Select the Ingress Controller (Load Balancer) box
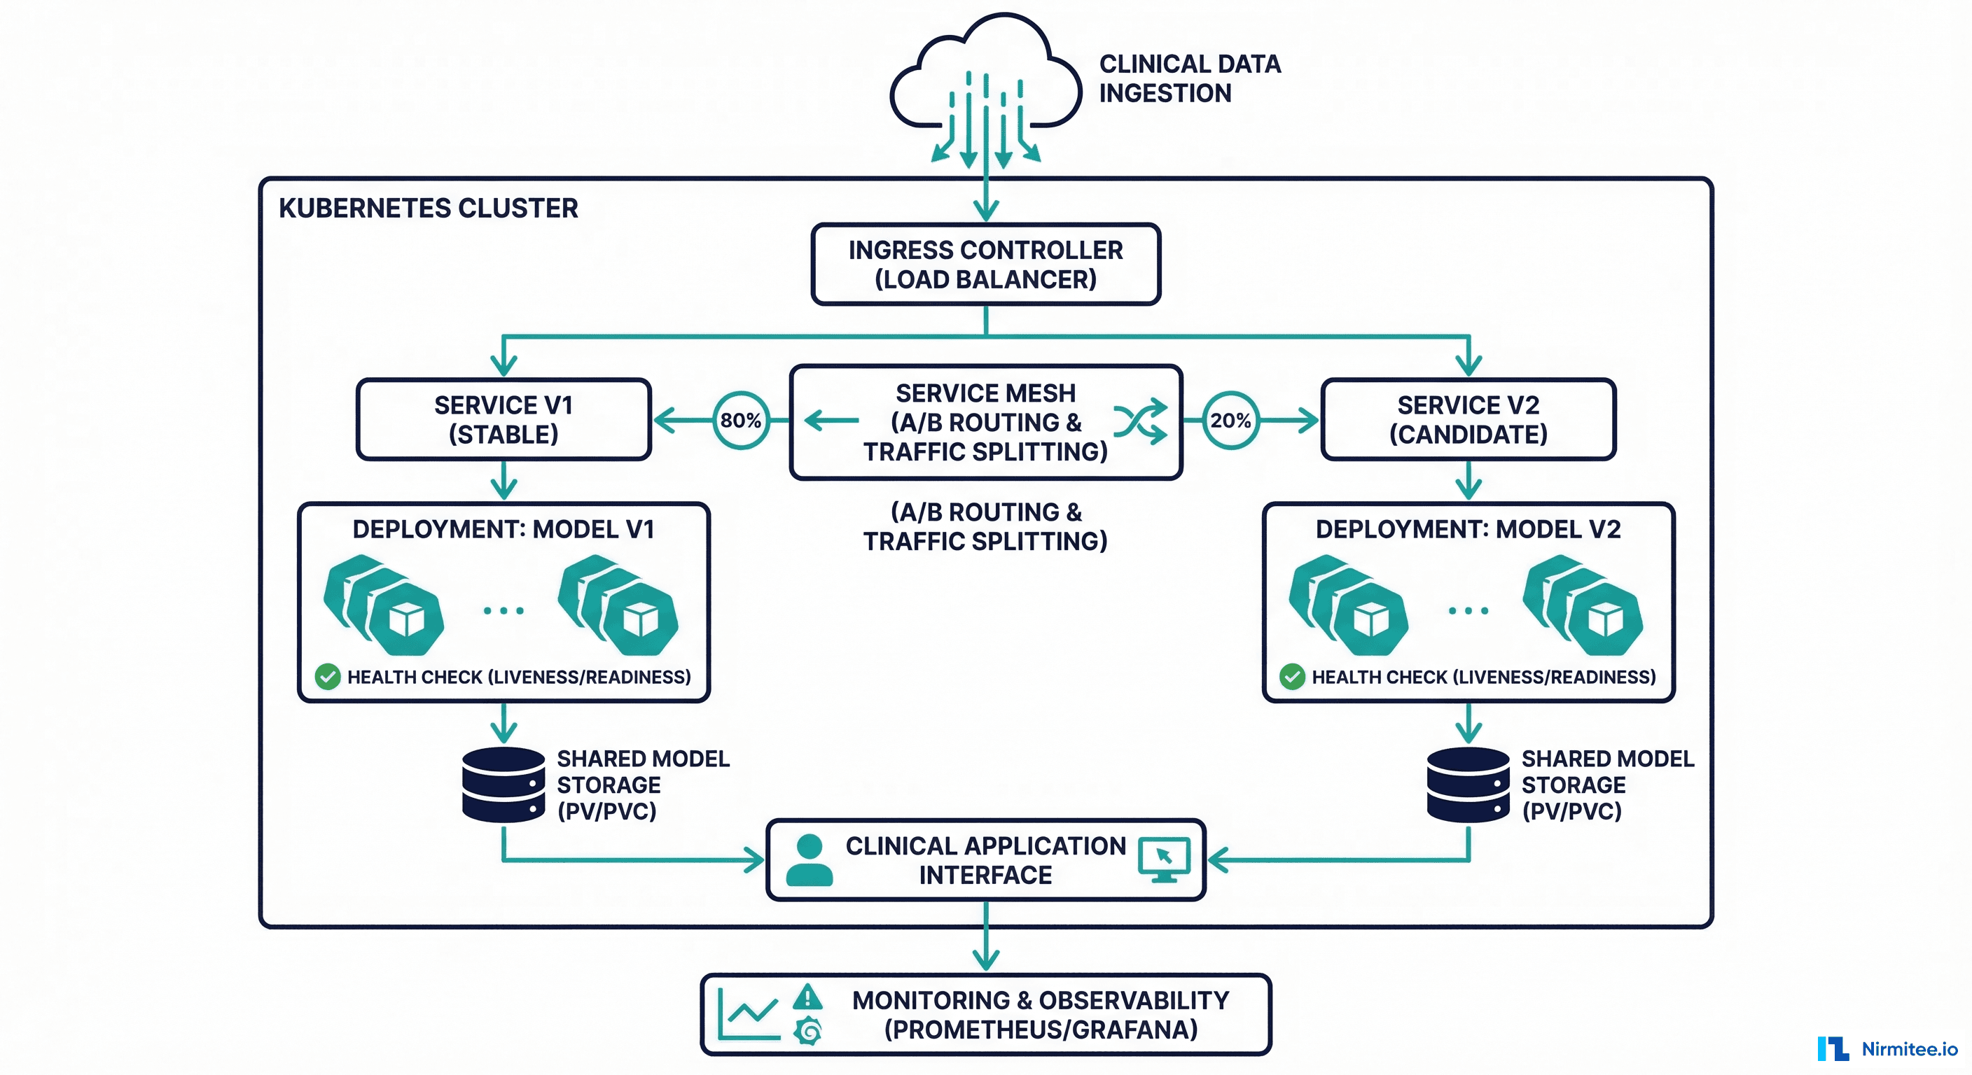tap(985, 265)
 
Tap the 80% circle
tap(740, 420)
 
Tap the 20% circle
tap(1230, 420)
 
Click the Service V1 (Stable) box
tap(504, 419)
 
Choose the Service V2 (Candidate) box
tap(1468, 419)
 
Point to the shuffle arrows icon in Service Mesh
tap(1141, 421)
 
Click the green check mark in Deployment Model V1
tap(328, 676)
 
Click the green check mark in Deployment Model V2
tap(1292, 676)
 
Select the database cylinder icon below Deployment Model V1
tap(504, 785)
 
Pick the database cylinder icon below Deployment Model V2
tap(1468, 785)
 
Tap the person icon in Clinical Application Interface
tap(809, 861)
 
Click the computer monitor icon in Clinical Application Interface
tap(1164, 859)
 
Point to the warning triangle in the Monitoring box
tap(807, 997)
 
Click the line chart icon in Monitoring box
tap(749, 1015)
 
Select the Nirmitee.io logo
tap(1887, 1048)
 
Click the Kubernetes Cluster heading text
tap(428, 208)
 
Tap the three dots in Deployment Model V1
tap(504, 610)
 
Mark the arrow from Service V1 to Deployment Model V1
tap(504, 481)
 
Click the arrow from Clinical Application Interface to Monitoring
tap(985, 937)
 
